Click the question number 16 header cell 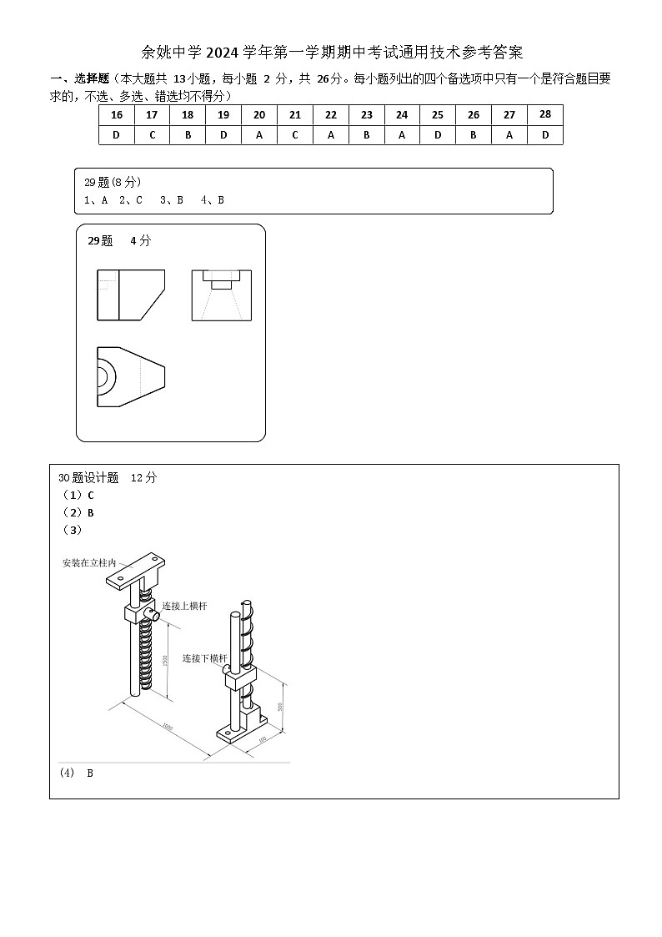click(x=116, y=115)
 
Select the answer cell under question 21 click(x=295, y=135)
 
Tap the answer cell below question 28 click(x=545, y=135)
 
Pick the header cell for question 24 click(x=402, y=115)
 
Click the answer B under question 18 click(x=188, y=135)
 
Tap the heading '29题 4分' click(x=119, y=241)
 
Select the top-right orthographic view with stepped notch click(x=221, y=295)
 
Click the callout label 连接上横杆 click(x=184, y=606)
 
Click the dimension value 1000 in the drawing click(x=167, y=728)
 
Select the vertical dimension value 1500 click(x=165, y=660)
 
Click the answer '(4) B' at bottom click(x=77, y=773)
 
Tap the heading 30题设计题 click(x=89, y=478)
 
